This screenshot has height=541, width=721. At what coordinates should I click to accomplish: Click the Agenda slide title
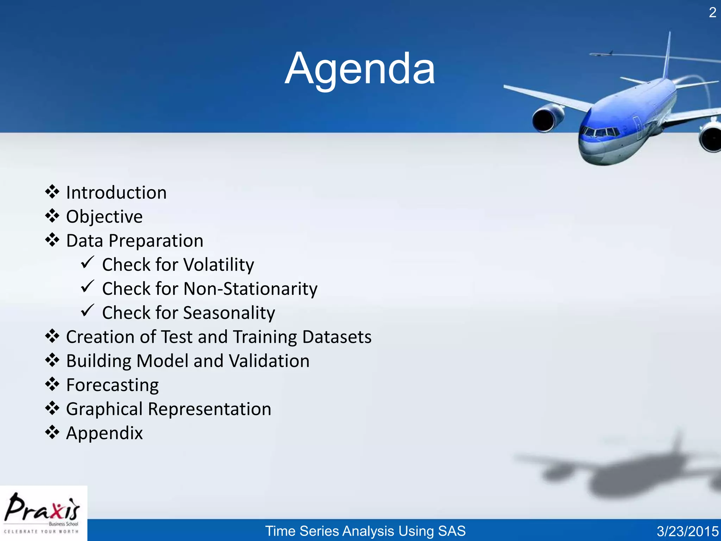[x=360, y=69]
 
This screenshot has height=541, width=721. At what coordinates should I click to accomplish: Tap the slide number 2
[x=712, y=13]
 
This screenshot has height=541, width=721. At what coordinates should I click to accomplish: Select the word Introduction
[x=116, y=193]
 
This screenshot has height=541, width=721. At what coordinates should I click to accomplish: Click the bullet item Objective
[x=104, y=217]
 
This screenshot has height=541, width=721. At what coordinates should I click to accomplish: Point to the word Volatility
[x=218, y=265]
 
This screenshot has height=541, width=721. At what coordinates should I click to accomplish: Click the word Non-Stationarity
[x=250, y=289]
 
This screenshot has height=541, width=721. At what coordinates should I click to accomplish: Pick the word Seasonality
[x=229, y=313]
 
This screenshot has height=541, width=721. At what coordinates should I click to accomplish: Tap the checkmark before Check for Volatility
[x=87, y=262]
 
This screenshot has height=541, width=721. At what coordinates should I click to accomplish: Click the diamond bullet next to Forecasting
[x=52, y=384]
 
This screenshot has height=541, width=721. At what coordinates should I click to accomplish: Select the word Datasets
[x=337, y=337]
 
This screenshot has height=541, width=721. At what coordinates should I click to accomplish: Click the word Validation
[x=269, y=361]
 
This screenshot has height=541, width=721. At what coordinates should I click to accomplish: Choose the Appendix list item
[x=104, y=433]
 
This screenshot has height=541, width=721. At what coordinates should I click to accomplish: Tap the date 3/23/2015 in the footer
[x=687, y=531]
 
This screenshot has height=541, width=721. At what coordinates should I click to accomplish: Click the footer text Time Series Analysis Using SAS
[x=365, y=531]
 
